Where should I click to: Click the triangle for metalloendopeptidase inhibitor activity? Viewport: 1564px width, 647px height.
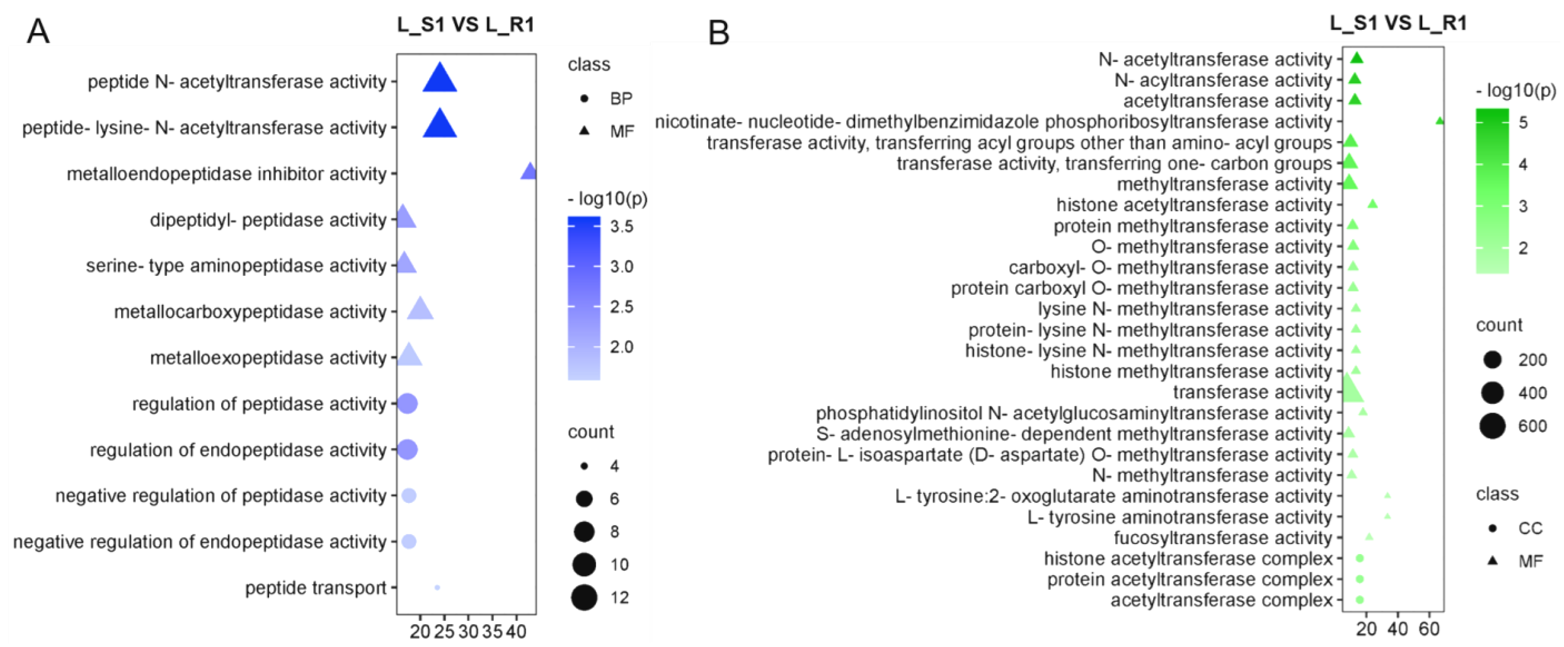(529, 172)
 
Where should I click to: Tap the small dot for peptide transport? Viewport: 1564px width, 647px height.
(437, 587)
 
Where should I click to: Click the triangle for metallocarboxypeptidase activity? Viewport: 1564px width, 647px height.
(420, 309)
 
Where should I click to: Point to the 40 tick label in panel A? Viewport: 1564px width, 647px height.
(516, 632)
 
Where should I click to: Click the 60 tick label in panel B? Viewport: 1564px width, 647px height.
(1429, 629)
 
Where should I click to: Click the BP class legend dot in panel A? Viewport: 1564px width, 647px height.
(584, 98)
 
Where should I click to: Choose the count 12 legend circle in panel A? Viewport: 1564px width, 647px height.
(584, 597)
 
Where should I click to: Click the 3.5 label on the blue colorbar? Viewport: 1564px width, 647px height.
(622, 226)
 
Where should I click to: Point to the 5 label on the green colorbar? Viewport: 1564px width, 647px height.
(1523, 123)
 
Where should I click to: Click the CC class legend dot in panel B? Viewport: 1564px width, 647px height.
(1492, 528)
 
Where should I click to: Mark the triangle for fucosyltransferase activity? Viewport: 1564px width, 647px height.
(1369, 537)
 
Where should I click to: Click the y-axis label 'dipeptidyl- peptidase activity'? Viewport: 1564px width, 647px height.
(268, 220)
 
